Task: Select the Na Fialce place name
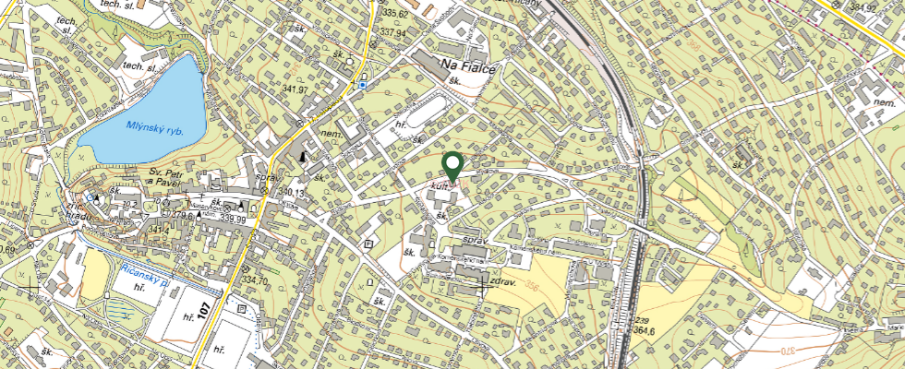coord(470,65)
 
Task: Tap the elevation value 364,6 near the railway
coord(645,329)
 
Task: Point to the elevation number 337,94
coord(392,32)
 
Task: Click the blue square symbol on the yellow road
coord(364,85)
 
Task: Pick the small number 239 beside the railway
coord(640,319)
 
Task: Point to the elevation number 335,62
coord(394,13)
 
